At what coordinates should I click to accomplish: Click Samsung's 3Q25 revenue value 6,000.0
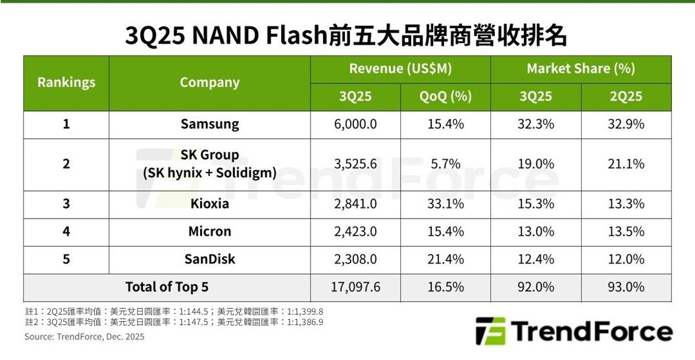click(355, 124)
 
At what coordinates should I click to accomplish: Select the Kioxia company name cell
click(209, 203)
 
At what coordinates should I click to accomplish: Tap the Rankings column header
click(66, 82)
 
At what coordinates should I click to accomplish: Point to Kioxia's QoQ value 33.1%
click(446, 203)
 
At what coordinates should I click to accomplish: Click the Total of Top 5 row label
click(167, 286)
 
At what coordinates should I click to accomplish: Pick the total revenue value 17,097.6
click(355, 286)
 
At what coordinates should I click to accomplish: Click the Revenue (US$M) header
click(400, 68)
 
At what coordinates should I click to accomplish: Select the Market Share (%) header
click(580, 68)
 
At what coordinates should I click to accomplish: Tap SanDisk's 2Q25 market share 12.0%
click(626, 259)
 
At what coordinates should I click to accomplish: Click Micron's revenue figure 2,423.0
click(355, 231)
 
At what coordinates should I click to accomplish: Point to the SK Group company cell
click(209, 164)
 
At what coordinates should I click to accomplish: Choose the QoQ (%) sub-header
click(446, 96)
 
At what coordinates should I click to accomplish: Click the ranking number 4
click(66, 231)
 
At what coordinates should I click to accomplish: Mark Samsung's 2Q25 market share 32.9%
click(626, 124)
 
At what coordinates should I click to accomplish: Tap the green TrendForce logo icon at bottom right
click(490, 330)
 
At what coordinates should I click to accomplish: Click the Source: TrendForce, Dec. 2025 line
click(84, 336)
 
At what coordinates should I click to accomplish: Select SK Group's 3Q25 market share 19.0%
click(536, 164)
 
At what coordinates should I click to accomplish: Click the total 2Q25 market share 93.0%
click(626, 286)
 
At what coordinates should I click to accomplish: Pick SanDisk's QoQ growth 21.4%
click(446, 259)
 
